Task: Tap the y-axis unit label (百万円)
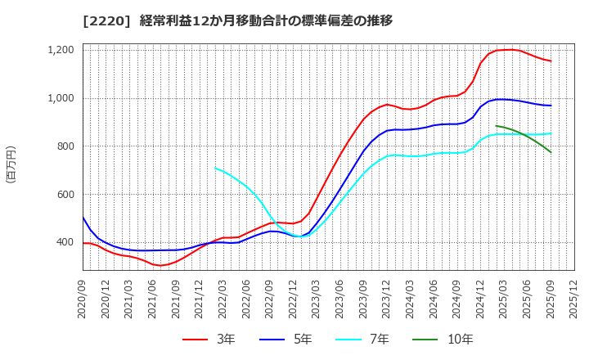click(x=11, y=164)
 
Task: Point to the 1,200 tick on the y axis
click(x=60, y=51)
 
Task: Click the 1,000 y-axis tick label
click(x=60, y=99)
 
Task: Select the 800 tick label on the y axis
click(x=65, y=146)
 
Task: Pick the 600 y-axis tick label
click(x=65, y=195)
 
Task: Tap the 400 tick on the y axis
click(x=65, y=243)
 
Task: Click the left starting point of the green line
click(x=496, y=126)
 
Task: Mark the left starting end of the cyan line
click(x=214, y=169)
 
